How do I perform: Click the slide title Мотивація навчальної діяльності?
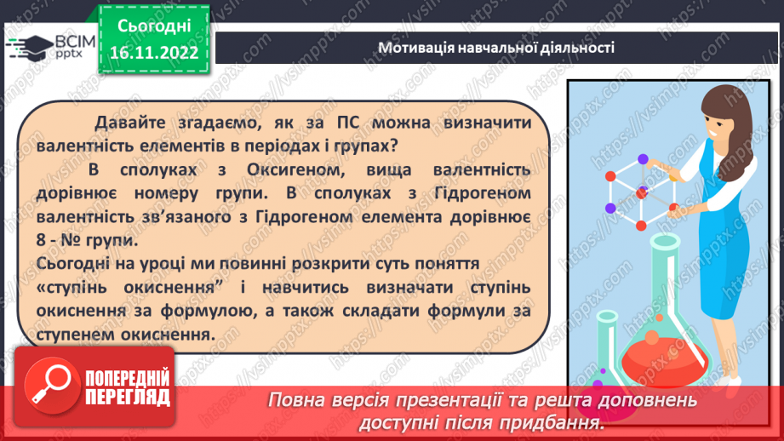tap(496, 47)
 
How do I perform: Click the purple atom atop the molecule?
tap(643, 158)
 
